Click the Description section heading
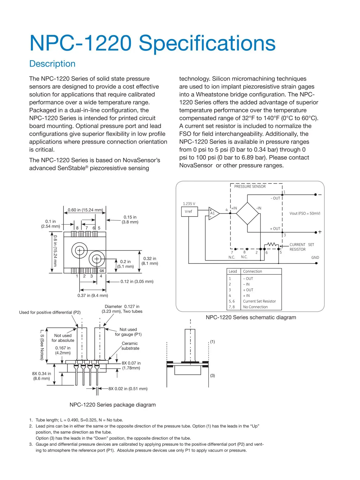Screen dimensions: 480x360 (x=52, y=64)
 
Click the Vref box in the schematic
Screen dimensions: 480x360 (x=189, y=212)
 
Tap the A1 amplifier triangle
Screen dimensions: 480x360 (x=213, y=213)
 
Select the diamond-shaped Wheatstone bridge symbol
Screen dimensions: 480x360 (x=248, y=214)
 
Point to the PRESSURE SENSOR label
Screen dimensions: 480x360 (x=250, y=187)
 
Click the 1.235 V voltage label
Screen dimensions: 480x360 (x=189, y=204)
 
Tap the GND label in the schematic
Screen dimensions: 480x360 (x=315, y=258)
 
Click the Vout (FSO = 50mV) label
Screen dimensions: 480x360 (x=305, y=213)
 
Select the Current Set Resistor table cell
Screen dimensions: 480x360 (x=259, y=301)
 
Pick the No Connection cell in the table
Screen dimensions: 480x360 (x=255, y=307)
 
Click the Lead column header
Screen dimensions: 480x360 (x=233, y=272)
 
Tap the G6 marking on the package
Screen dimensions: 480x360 (x=102, y=271)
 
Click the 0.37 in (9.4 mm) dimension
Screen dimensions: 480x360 (x=93, y=295)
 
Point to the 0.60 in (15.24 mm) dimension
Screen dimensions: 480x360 (x=85, y=210)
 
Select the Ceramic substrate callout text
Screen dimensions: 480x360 (x=130, y=346)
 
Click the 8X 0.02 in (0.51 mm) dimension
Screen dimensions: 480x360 (x=128, y=389)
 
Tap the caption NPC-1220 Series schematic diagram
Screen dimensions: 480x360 (x=251, y=317)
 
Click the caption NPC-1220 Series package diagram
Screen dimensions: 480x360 (x=112, y=405)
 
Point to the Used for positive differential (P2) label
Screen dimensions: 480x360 (x=50, y=312)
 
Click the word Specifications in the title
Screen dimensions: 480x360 (x=207, y=43)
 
